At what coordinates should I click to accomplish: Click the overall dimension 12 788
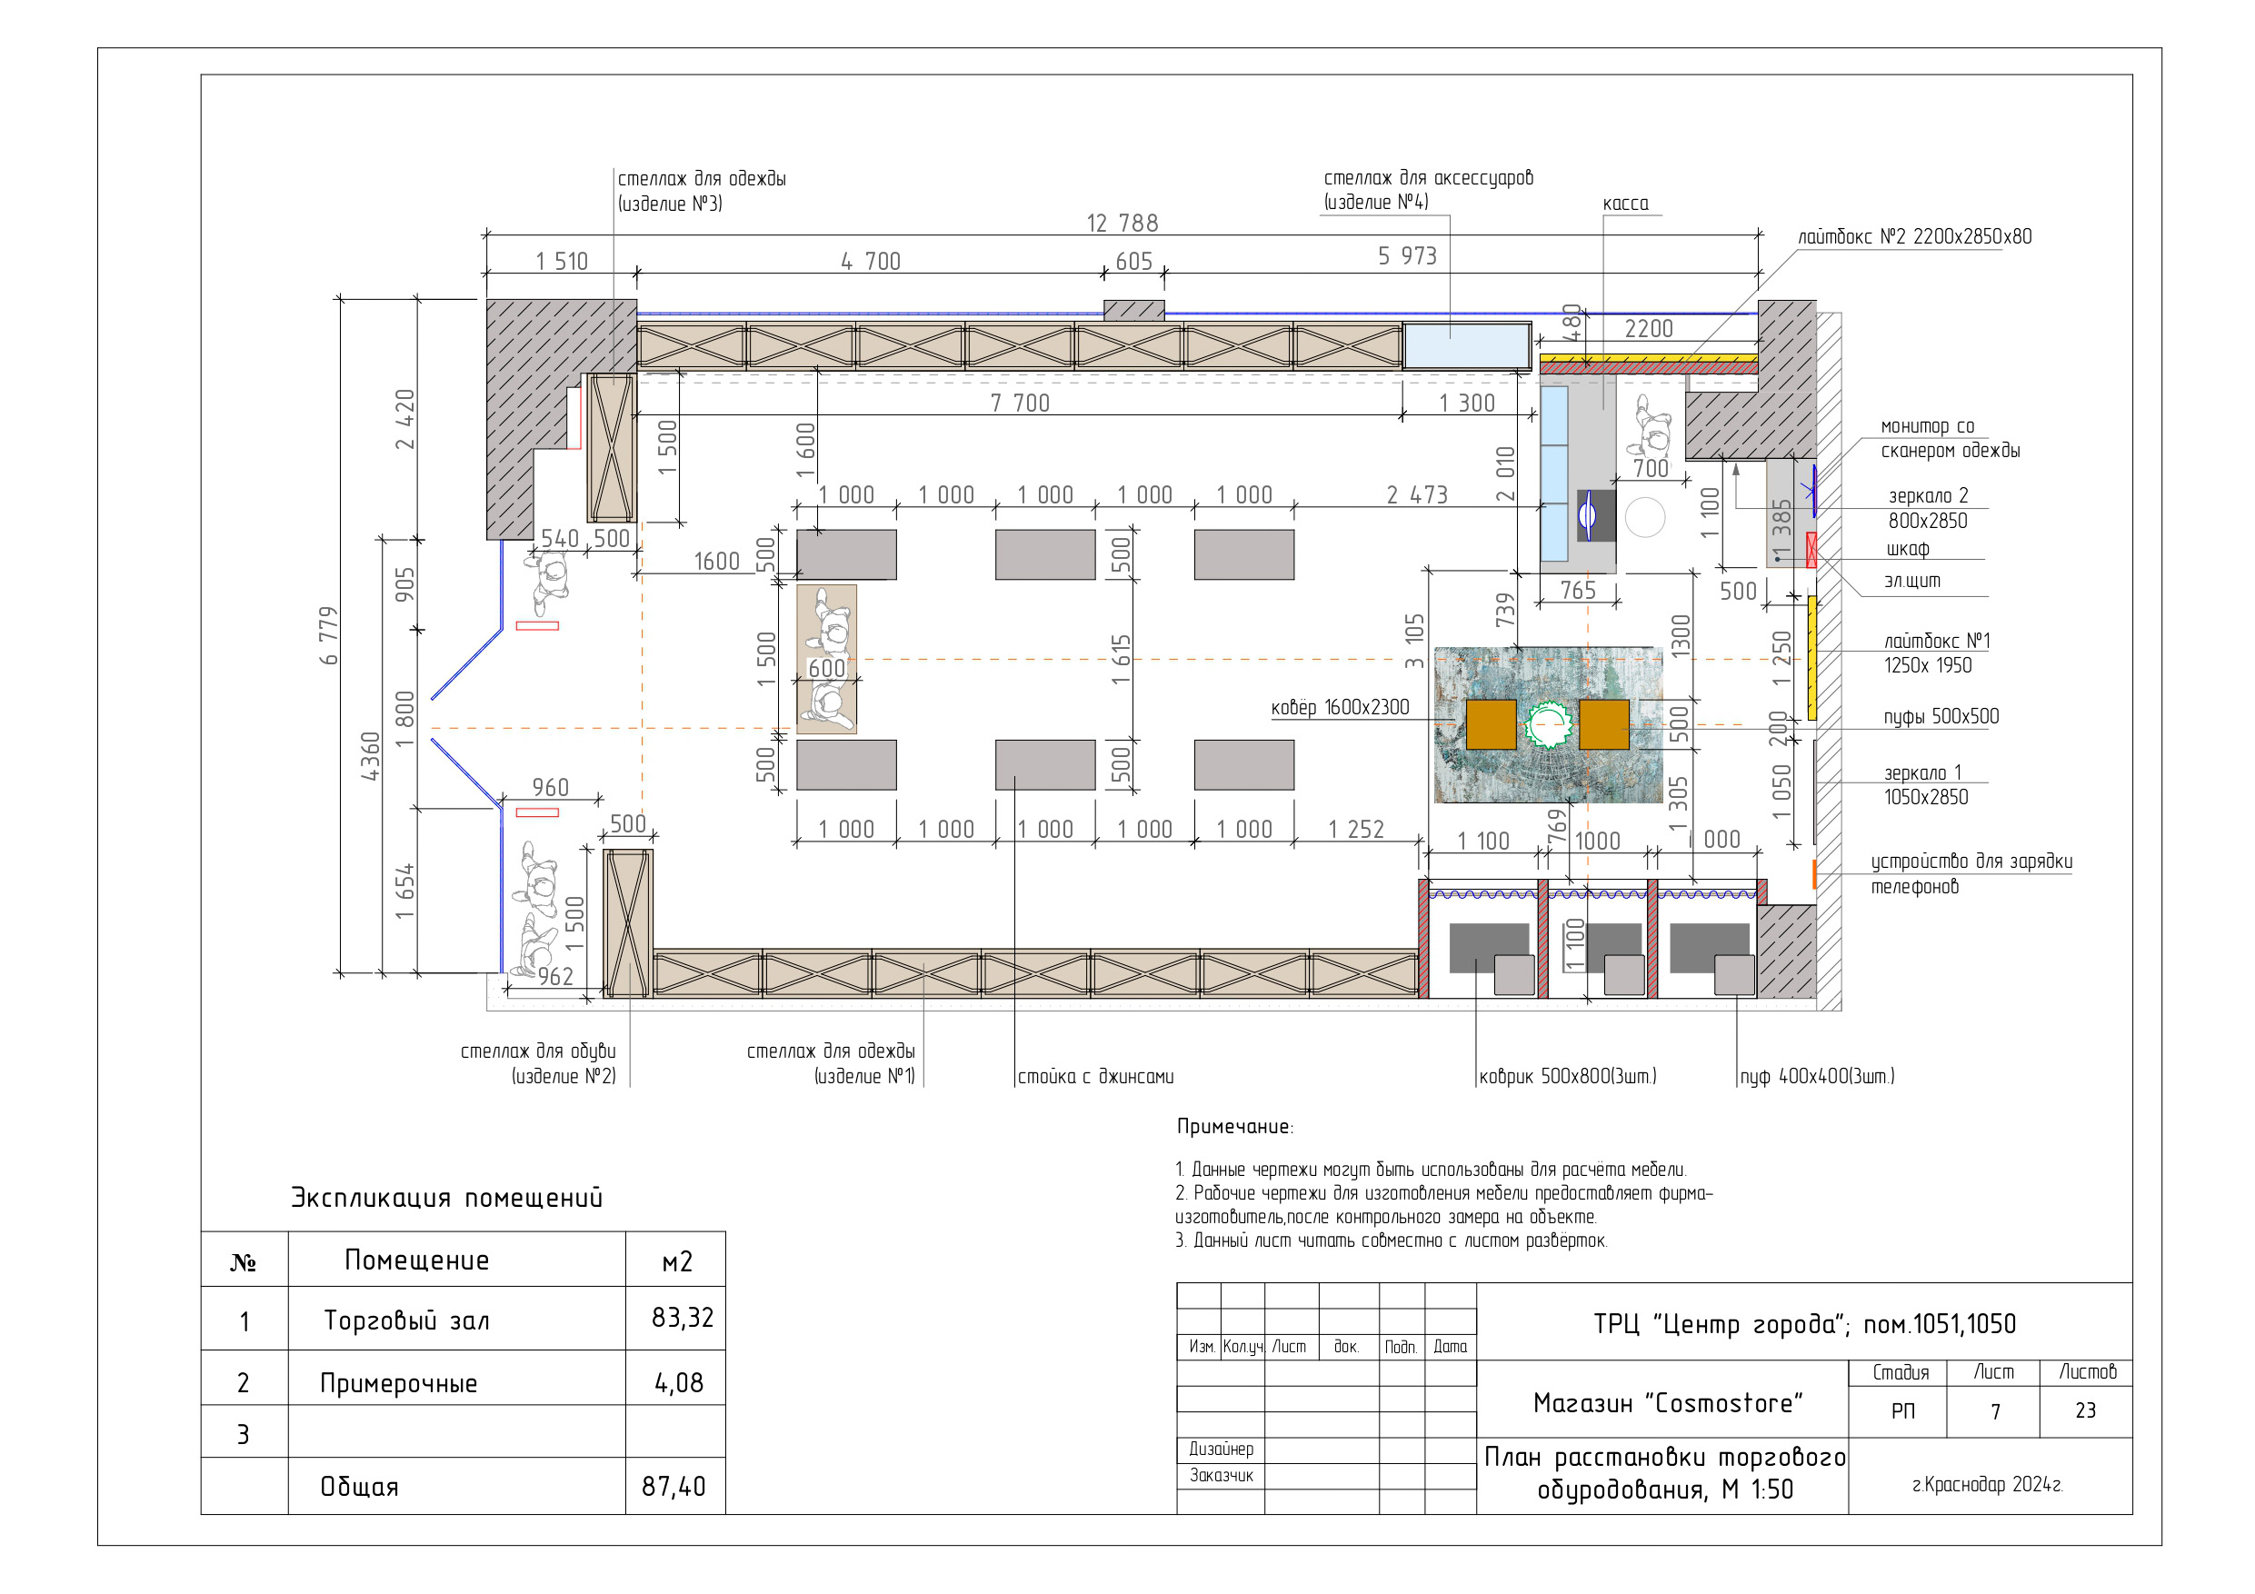[x=1122, y=224]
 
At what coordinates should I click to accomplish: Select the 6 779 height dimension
[x=329, y=635]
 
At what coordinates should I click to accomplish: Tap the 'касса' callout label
[x=1625, y=204]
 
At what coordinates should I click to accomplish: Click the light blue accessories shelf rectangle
[x=1466, y=345]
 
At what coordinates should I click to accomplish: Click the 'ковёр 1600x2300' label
[x=1340, y=707]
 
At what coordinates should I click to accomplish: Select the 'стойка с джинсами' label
[x=1095, y=1076]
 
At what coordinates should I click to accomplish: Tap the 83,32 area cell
[x=683, y=1318]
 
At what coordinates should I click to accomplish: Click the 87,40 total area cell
[x=674, y=1486]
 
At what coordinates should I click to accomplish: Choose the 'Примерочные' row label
[x=399, y=1384]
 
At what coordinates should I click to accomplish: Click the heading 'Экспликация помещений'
[x=447, y=1198]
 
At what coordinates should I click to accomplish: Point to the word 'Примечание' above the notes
[x=1234, y=1127]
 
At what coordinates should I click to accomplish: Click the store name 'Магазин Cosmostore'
[x=1668, y=1403]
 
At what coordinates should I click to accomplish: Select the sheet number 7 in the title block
[x=1995, y=1411]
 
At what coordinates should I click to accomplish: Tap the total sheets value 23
[x=2085, y=1410]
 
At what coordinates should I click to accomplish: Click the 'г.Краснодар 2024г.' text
[x=1987, y=1484]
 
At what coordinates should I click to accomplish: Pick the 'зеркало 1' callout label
[x=1921, y=773]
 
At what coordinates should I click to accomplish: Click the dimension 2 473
[x=1416, y=495]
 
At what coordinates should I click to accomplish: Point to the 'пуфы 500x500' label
[x=1941, y=717]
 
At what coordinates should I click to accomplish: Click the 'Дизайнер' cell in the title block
[x=1221, y=1450]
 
